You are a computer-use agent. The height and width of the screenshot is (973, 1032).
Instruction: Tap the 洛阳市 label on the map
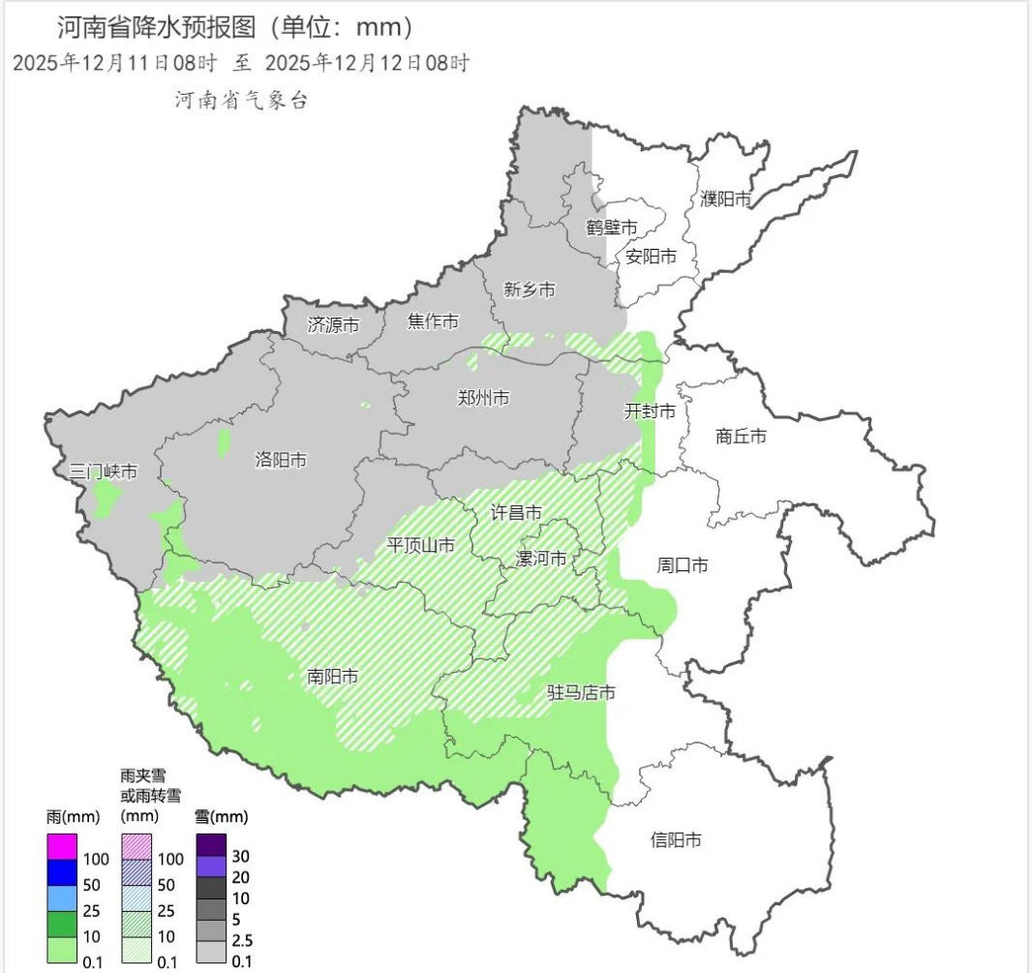coord(281,460)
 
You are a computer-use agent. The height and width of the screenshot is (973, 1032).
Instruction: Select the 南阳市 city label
coord(332,677)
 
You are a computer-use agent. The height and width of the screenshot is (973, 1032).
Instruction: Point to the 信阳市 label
coord(676,840)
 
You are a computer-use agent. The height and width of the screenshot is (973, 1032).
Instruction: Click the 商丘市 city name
coord(741,437)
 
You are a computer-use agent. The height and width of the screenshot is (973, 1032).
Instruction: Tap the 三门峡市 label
coord(104,472)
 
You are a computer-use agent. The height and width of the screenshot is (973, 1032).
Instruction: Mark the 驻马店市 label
coord(581,693)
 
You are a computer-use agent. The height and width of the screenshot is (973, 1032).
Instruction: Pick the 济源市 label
coord(333,325)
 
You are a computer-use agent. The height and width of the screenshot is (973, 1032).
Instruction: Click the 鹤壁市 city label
coord(612,228)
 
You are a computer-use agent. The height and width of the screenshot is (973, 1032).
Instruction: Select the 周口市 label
coord(682,564)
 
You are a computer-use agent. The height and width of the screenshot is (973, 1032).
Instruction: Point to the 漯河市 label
coord(541,559)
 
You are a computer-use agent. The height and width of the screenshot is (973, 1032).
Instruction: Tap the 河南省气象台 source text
coord(241,100)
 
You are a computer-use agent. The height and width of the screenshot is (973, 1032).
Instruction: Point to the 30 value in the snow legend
coord(241,857)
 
